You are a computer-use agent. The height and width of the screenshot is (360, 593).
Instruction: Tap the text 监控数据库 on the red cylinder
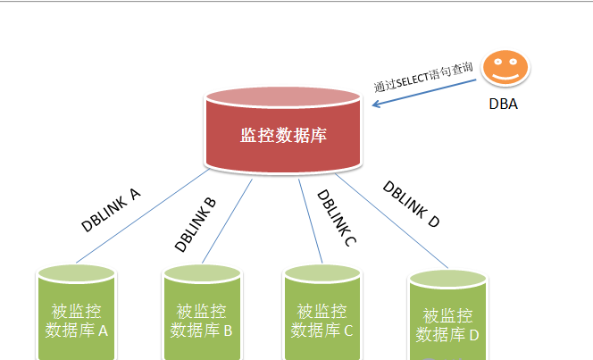point(283,136)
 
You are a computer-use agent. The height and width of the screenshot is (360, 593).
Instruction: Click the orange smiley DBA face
point(505,69)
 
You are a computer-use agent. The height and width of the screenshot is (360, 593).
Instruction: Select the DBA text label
point(503,104)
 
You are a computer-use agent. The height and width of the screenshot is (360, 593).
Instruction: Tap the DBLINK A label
point(111,210)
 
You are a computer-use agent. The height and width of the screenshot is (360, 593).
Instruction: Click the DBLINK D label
point(412,205)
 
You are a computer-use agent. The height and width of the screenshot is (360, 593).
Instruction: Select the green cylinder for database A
point(78,317)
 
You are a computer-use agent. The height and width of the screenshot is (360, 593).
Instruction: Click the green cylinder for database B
point(203,317)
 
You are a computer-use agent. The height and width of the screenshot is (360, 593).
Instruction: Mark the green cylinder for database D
point(447,322)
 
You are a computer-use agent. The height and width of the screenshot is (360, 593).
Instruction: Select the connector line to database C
point(309,219)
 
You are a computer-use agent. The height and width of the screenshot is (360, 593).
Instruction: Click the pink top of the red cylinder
point(283,97)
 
